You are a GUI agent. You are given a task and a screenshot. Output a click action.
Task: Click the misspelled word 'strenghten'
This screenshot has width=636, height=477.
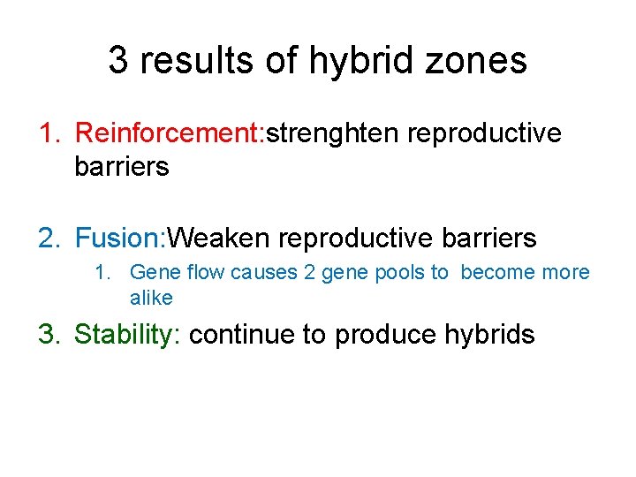335,133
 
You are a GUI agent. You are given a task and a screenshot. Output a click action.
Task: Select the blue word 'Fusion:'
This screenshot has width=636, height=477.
121,238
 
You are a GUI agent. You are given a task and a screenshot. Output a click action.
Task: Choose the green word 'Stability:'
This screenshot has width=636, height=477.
128,335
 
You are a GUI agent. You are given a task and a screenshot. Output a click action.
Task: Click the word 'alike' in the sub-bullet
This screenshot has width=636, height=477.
151,299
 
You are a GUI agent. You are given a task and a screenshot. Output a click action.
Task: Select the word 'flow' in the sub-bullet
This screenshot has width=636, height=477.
205,273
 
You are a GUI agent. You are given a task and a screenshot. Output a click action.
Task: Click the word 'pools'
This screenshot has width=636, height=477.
402,273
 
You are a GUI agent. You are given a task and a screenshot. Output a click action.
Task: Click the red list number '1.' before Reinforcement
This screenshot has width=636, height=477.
49,133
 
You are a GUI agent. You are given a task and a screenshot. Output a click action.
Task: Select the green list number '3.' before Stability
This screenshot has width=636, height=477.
49,335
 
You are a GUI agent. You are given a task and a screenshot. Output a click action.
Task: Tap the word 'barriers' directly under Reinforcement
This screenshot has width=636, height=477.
122,166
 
